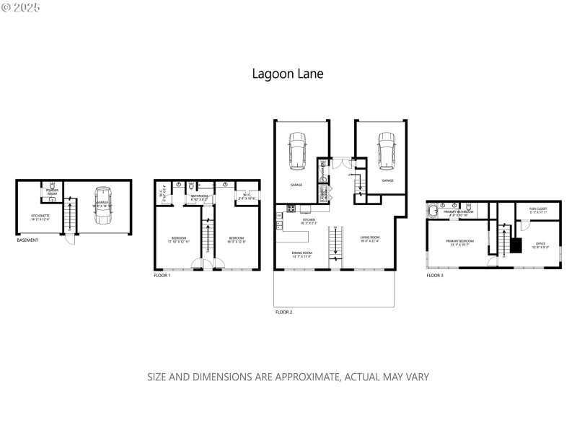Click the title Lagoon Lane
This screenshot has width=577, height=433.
coord(288,73)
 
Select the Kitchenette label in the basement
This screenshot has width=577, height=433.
coord(40,216)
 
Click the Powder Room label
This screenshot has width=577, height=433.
coord(52,193)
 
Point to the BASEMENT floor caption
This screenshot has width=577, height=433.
coord(27,240)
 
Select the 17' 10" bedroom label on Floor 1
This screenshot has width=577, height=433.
coord(180,240)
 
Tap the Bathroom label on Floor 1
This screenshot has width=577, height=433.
coord(199,196)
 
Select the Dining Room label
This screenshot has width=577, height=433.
coord(301,253)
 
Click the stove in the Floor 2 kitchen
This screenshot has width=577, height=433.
coord(291,209)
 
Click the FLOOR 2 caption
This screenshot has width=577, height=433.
coord(283,312)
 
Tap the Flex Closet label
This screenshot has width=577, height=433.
coord(537,211)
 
